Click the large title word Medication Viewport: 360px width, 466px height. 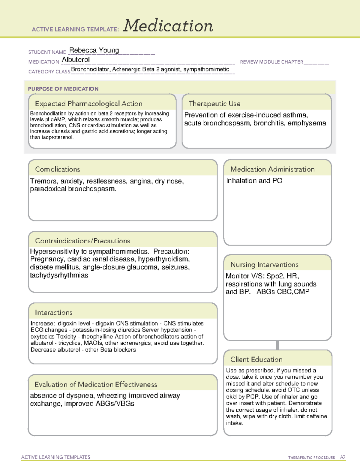(168, 26)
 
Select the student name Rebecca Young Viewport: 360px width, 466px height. (94, 50)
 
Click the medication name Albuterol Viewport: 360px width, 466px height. (76, 60)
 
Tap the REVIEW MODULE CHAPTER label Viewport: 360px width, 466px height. (271, 62)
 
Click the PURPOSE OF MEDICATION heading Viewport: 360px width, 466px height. (63, 89)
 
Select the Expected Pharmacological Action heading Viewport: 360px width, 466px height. (88, 104)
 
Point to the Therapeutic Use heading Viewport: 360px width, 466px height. (214, 104)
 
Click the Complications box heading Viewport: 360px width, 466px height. (57, 169)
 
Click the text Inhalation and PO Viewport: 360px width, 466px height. (254, 181)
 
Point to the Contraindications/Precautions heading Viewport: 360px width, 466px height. (82, 241)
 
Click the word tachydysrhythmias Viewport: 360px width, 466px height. (59, 275)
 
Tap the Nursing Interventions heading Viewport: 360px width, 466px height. (264, 265)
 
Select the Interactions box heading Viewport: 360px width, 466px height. (53, 313)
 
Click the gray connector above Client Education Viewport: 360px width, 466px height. (277, 345)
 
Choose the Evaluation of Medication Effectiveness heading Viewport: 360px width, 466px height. (96, 384)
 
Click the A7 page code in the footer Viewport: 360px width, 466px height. (342, 457)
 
